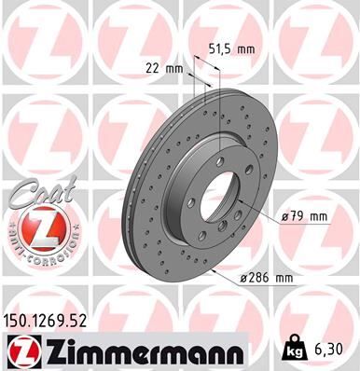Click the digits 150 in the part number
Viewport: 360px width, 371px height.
(x=18, y=320)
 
